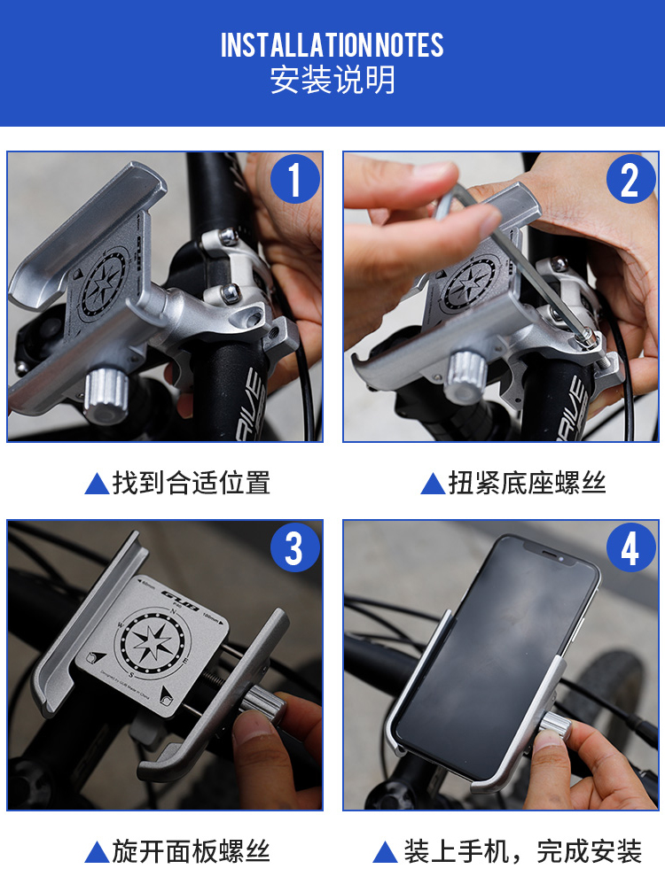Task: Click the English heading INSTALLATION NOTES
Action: point(332,45)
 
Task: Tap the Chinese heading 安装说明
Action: point(332,81)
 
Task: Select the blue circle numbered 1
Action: point(294,179)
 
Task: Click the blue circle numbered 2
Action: point(630,179)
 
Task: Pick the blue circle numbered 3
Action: point(294,547)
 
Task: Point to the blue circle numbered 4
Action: point(630,547)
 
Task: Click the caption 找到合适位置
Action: point(192,483)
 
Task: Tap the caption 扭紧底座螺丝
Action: point(528,483)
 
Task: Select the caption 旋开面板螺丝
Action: point(192,851)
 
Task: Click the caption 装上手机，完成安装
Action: point(522,851)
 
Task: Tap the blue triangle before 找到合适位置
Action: point(97,484)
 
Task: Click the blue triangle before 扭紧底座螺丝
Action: point(433,484)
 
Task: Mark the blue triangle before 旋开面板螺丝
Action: point(97,852)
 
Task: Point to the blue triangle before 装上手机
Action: point(385,852)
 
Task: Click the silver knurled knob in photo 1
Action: point(106,393)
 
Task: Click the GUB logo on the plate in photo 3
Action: point(180,599)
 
